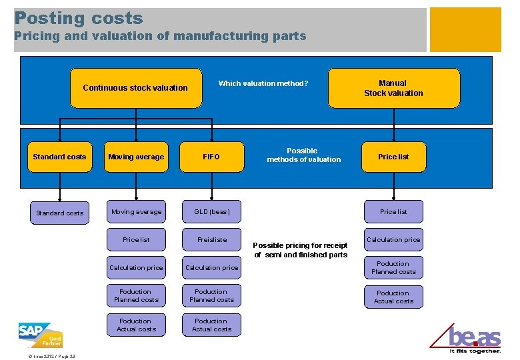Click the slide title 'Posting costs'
pos(79,18)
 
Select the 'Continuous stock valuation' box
pos(135,87)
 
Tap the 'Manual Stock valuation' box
pos(393,88)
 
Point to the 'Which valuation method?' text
pos(263,83)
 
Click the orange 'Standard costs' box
pos(59,157)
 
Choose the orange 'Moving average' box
pos(136,157)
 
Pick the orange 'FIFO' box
pos(211,157)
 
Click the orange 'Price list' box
pos(393,157)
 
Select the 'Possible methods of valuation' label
pos(303,155)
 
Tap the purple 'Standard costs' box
pos(59,213)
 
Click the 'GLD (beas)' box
pos(211,212)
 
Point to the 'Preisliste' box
pos(211,240)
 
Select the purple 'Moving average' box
pos(136,212)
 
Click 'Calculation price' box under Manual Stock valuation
pos(393,240)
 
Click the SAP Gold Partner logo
pos(41,335)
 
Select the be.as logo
pos(474,339)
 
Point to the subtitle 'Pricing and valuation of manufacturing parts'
pos(160,36)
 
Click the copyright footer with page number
pos(52,355)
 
